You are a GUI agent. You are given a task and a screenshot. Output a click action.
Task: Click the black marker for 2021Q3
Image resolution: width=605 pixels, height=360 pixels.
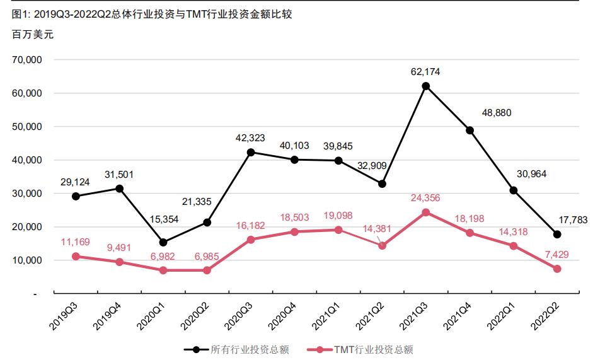pyautogui.click(x=426, y=86)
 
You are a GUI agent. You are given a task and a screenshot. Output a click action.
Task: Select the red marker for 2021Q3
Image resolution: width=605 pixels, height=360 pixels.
pyautogui.click(x=426, y=212)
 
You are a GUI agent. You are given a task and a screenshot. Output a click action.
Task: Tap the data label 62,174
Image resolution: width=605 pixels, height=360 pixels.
pyautogui.click(x=425, y=72)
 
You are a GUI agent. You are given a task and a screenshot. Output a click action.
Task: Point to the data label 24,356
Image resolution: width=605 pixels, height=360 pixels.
pyautogui.click(x=425, y=198)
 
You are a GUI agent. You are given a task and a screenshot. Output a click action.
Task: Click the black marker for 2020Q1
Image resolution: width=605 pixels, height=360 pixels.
pyautogui.click(x=163, y=243)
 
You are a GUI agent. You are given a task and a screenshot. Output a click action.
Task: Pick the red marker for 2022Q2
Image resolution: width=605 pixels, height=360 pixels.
pyautogui.click(x=557, y=269)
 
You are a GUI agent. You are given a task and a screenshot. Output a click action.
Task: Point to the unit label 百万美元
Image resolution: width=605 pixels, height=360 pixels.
pyautogui.click(x=33, y=35)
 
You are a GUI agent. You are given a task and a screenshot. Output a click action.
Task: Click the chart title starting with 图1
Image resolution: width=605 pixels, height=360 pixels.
pyautogui.click(x=152, y=14)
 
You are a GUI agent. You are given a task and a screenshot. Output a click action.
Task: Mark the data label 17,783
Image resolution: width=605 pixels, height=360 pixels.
pyautogui.click(x=573, y=220)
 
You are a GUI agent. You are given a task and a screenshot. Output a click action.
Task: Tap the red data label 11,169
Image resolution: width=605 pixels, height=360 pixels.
pyautogui.click(x=76, y=241)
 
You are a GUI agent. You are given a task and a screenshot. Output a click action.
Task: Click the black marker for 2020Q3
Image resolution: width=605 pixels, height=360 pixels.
pyautogui.click(x=251, y=152)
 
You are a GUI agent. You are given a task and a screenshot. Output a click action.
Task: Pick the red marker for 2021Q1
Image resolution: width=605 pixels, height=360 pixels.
pyautogui.click(x=338, y=230)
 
